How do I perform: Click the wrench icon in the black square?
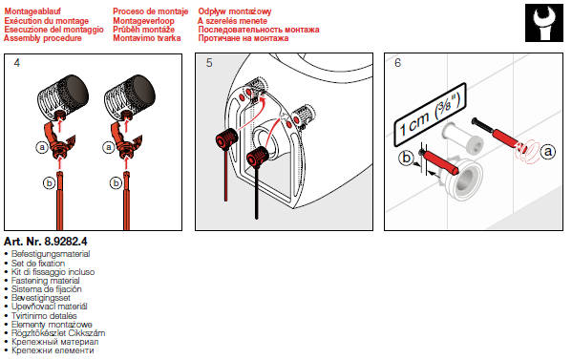[544, 23]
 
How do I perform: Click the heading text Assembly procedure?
[43, 38]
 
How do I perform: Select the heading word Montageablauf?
[32, 11]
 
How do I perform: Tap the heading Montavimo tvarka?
[147, 38]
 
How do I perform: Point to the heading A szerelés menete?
[232, 21]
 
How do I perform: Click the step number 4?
[17, 63]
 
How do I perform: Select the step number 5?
[209, 63]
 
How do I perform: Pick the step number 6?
[397, 63]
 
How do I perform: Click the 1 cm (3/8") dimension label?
[430, 115]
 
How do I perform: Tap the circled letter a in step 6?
[547, 151]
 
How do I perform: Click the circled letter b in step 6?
[406, 158]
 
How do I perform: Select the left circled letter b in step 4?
[50, 182]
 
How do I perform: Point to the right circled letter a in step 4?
[108, 147]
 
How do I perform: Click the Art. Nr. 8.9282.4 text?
[46, 242]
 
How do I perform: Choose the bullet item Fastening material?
[45, 281]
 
